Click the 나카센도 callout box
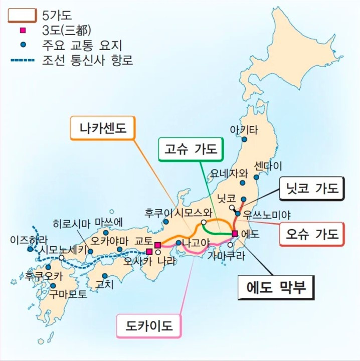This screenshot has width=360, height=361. coord(103,129)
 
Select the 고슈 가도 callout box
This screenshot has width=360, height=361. coord(191,149)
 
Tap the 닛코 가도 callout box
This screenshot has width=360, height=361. coord(312,189)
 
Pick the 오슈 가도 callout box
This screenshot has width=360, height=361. coord(312,233)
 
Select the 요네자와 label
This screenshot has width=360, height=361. coord(230,173)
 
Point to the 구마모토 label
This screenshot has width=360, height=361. coord(68,295)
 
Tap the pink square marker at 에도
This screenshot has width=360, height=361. coord(234,233)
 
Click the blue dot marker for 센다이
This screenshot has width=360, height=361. coord(257,177)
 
